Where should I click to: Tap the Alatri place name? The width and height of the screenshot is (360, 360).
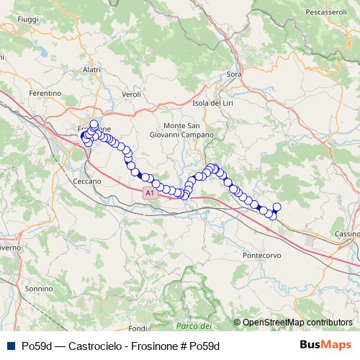click(91, 69)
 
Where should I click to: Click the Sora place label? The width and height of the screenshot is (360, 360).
click(234, 74)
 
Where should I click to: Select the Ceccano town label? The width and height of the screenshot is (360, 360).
click(88, 181)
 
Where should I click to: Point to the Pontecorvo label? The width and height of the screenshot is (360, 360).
click(262, 256)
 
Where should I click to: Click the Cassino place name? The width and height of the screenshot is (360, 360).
click(347, 235)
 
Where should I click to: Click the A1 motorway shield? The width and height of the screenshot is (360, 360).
click(148, 193)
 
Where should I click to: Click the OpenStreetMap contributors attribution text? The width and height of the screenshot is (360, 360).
click(297, 322)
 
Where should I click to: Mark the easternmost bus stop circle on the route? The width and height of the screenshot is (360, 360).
click(277, 207)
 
